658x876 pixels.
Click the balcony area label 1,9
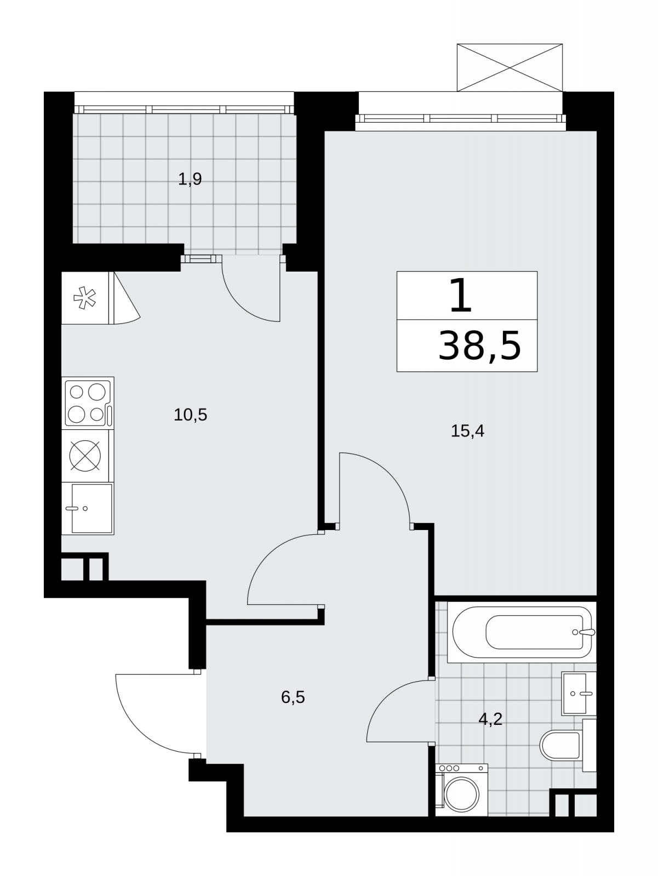click(x=190, y=180)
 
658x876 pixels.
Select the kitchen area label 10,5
click(x=191, y=415)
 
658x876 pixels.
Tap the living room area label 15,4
click(x=467, y=431)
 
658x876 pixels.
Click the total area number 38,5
click(x=479, y=346)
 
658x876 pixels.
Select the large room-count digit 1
click(x=461, y=295)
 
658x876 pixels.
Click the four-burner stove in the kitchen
click(x=88, y=403)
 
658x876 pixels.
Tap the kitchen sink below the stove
click(x=88, y=509)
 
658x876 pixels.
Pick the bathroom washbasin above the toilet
click(x=579, y=693)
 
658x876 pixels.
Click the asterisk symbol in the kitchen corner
click(x=84, y=298)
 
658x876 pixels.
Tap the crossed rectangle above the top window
click(x=510, y=68)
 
